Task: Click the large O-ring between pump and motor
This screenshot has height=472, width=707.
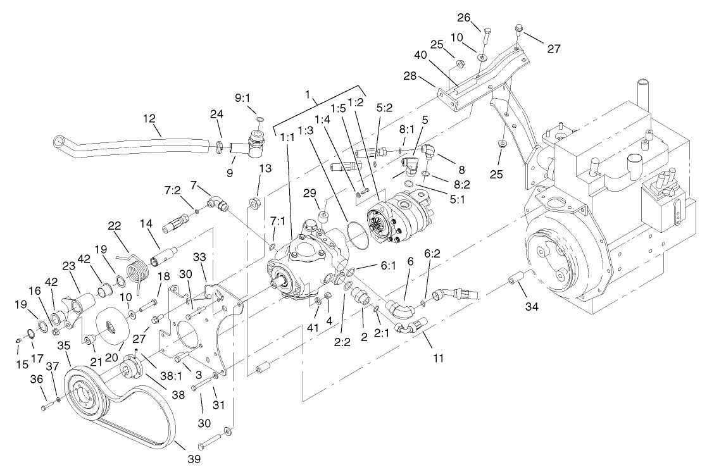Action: click(x=358, y=235)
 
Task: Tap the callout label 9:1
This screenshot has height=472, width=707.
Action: click(x=243, y=99)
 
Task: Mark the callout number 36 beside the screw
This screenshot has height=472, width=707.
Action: click(x=37, y=380)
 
